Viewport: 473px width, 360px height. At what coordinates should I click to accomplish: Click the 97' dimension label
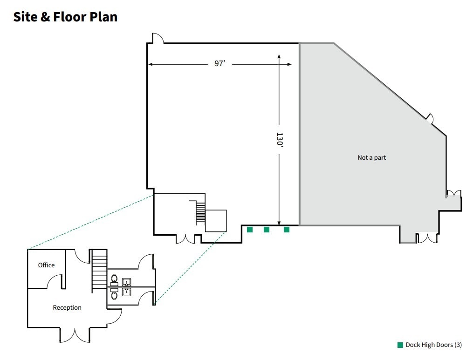point(219,64)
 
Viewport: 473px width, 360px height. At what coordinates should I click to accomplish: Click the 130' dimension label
point(279,140)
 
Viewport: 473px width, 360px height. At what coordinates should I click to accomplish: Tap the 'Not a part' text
point(371,158)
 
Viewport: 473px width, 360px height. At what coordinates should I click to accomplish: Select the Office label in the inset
point(46,265)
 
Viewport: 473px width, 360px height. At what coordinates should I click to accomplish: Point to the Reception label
point(67,307)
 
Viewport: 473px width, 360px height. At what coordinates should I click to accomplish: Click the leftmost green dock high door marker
point(250,230)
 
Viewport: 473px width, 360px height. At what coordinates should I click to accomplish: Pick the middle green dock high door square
point(267,230)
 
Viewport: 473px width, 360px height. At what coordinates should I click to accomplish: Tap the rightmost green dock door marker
point(287,230)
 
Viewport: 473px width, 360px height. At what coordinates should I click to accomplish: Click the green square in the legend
point(400,345)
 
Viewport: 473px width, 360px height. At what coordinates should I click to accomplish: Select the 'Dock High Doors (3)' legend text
point(433,345)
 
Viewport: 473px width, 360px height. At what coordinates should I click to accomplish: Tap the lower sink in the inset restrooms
point(126,292)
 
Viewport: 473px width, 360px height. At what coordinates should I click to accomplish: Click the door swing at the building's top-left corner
point(158,38)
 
